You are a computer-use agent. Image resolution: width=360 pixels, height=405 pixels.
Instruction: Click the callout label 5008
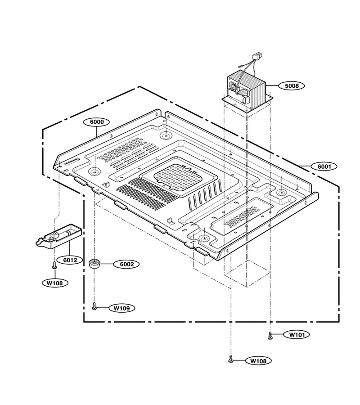click(x=291, y=85)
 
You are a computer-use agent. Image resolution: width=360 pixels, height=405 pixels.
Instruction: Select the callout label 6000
click(x=96, y=122)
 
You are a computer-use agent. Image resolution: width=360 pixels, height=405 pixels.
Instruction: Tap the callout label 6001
click(x=324, y=166)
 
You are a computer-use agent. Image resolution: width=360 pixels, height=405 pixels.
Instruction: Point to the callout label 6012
click(x=70, y=260)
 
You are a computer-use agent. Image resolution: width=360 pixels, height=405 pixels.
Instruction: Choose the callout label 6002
click(x=127, y=264)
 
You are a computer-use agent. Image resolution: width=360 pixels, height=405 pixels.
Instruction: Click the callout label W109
click(x=122, y=308)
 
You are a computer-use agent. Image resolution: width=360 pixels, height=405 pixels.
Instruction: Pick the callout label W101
click(x=297, y=335)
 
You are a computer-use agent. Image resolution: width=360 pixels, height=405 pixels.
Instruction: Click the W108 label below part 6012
click(x=55, y=283)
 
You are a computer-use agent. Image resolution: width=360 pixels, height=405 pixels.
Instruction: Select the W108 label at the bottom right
click(x=258, y=361)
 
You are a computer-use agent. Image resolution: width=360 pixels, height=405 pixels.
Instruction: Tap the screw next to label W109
click(x=94, y=306)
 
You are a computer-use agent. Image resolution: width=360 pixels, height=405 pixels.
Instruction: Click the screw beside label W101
click(x=270, y=336)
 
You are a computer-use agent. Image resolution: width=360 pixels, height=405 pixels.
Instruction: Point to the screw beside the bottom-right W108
click(x=231, y=359)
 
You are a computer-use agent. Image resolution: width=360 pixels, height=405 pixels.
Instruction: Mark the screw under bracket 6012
click(x=54, y=265)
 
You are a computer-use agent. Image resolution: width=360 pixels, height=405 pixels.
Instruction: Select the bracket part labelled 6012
click(x=58, y=236)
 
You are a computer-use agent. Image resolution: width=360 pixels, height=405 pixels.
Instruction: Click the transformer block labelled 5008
click(x=247, y=90)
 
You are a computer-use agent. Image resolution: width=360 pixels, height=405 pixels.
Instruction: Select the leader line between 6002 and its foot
click(x=107, y=264)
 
